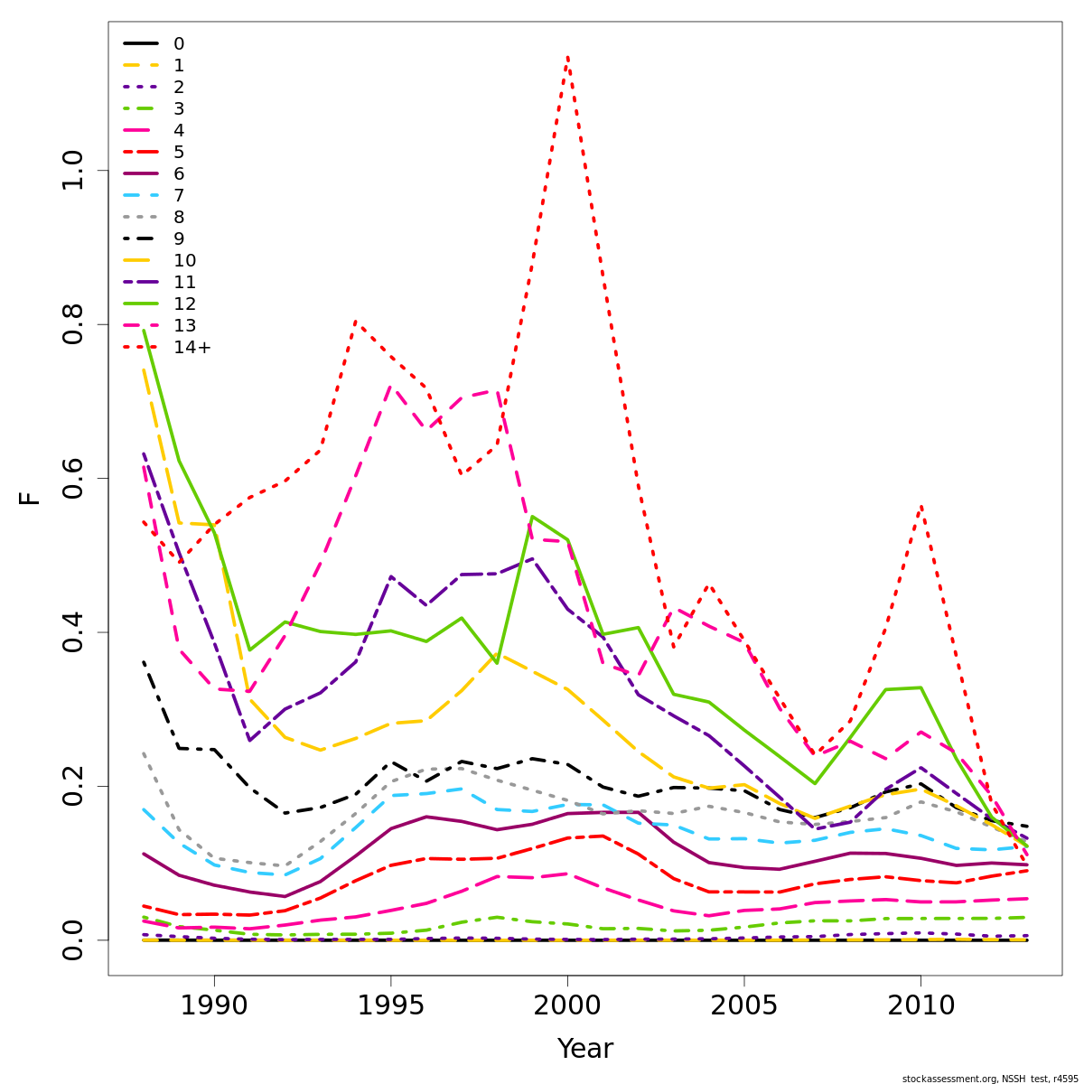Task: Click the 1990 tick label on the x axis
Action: click(x=214, y=1006)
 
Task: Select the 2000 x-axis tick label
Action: click(x=567, y=1006)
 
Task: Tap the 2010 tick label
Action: click(x=920, y=1006)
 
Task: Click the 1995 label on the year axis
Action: click(x=390, y=1006)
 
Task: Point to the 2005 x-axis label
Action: click(x=743, y=1006)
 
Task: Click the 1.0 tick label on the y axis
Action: click(x=72, y=171)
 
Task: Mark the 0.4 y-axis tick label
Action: click(x=72, y=632)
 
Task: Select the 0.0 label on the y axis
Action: click(x=72, y=939)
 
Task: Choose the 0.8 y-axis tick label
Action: click(x=72, y=324)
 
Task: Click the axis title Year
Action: click(x=584, y=1050)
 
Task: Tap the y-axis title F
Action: click(x=31, y=498)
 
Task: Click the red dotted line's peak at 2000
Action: click(x=567, y=57)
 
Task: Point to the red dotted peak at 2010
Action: click(x=920, y=507)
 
